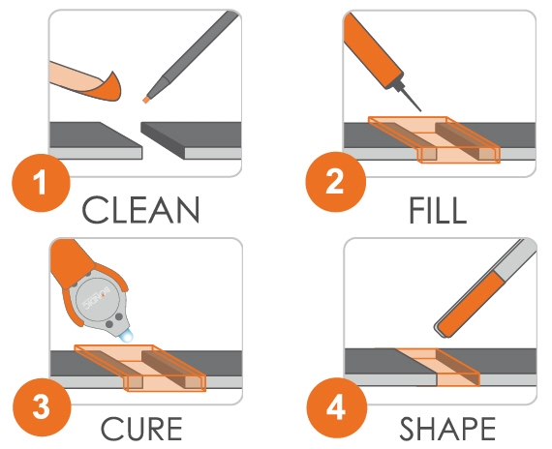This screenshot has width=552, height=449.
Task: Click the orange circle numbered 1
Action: click(x=42, y=183)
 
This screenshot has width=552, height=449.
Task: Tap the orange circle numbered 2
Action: click(x=336, y=182)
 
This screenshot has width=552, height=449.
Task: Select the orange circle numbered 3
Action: click(x=42, y=407)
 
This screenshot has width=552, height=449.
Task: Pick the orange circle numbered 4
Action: click(x=336, y=407)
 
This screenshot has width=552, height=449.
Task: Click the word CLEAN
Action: click(x=140, y=210)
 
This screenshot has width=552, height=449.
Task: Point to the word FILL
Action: click(x=438, y=210)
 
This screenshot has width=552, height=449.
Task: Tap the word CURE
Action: click(x=141, y=429)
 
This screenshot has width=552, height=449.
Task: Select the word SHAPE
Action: click(x=447, y=429)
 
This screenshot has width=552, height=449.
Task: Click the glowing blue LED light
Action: click(x=126, y=337)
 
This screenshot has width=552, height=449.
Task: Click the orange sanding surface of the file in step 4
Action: click(x=473, y=304)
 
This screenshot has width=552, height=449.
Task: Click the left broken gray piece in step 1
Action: click(x=96, y=140)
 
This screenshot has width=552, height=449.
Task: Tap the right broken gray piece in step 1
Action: click(x=191, y=140)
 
